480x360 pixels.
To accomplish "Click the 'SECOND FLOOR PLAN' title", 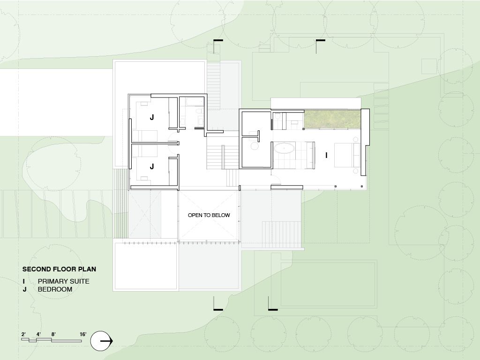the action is click(59, 269).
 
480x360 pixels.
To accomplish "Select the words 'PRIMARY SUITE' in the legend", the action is click(64, 281).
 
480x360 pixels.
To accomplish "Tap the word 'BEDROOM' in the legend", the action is click(55, 289).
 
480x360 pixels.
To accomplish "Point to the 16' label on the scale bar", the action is click(83, 334).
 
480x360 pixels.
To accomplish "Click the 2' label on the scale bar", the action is click(23, 334).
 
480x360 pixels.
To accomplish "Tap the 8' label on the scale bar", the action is click(53, 334).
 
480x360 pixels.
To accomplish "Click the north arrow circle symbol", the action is click(101, 341).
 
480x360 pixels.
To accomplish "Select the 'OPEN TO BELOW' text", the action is click(209, 215).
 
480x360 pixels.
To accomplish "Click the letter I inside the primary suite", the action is click(326, 156).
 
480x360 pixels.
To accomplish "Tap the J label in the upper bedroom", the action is click(152, 117).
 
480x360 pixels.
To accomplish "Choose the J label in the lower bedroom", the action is click(152, 166).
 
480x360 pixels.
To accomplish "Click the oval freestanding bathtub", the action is click(284, 149).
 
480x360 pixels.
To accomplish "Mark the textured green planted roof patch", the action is click(332, 120).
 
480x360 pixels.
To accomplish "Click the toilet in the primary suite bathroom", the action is click(277, 116).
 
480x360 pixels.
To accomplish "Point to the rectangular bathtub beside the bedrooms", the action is click(195, 102).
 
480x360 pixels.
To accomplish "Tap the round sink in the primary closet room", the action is click(255, 146).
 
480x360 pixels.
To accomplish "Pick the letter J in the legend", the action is click(24, 289).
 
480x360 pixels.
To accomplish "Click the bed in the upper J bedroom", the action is click(144, 135).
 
